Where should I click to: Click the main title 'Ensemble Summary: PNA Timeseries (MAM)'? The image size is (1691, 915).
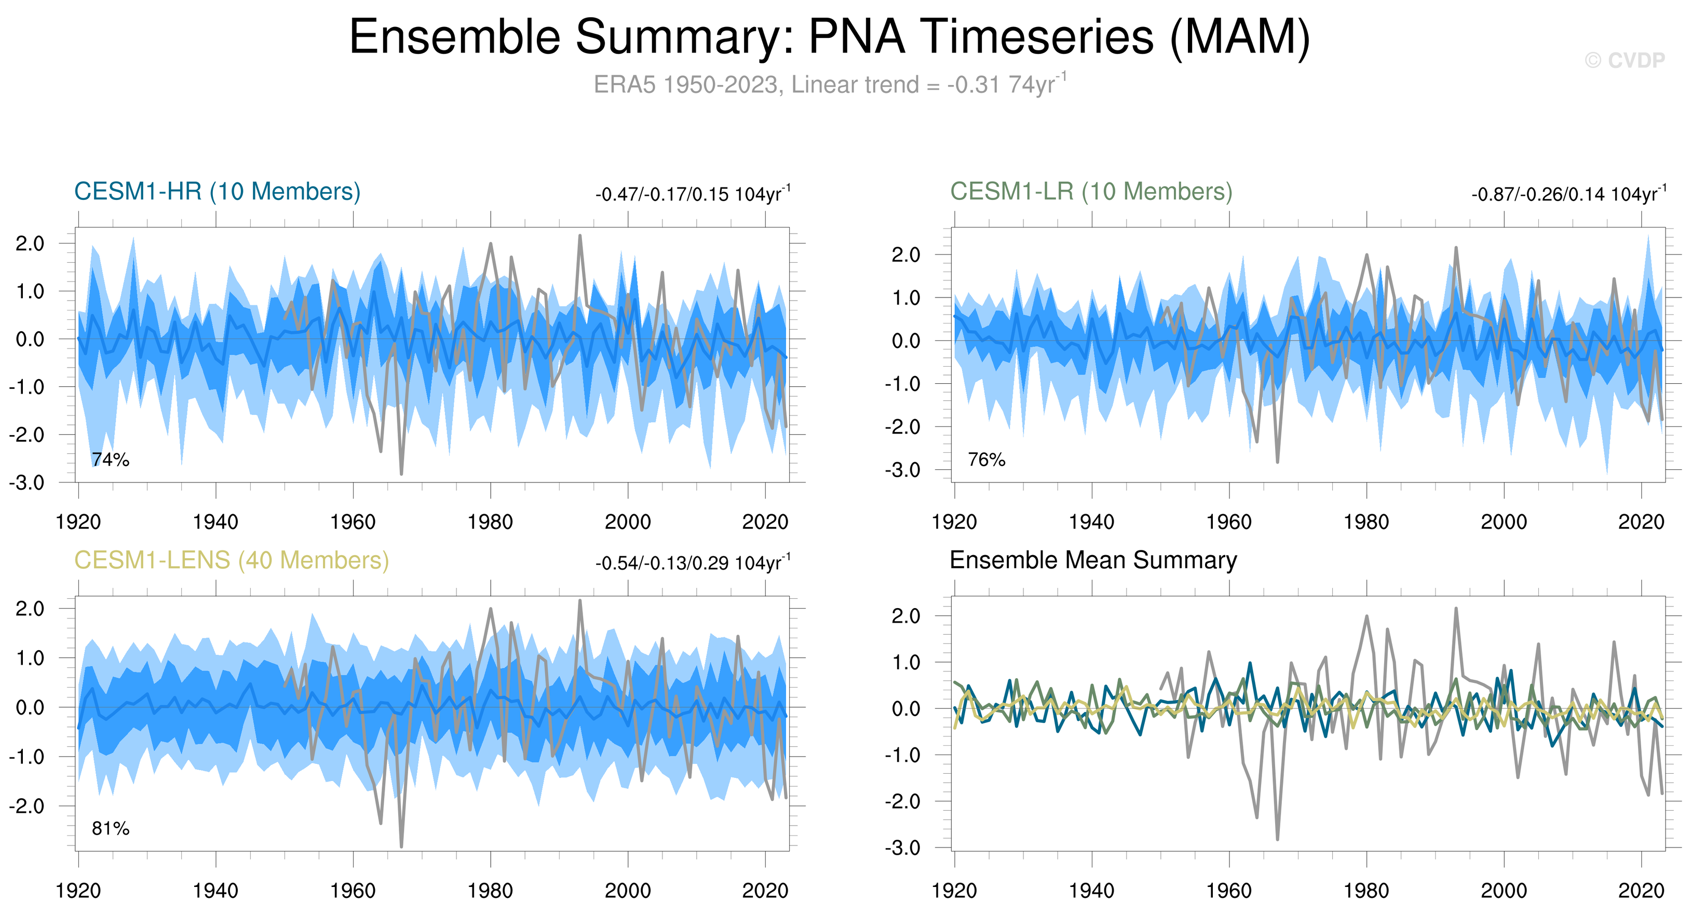pos(830,37)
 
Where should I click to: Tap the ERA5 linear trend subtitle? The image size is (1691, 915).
pos(830,85)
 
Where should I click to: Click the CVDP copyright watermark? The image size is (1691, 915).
pos(1625,60)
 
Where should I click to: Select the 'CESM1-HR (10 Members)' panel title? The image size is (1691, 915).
pos(218,192)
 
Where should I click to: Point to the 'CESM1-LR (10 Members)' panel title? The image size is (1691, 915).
pos(1091,192)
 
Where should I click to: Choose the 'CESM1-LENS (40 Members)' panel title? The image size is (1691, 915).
pos(231,560)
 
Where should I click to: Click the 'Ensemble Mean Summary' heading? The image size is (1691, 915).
pos(1093,560)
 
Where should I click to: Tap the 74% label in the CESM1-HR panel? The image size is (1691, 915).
pos(110,460)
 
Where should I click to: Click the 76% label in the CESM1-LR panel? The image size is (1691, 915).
pos(986,460)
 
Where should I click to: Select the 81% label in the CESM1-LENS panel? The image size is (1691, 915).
pos(110,828)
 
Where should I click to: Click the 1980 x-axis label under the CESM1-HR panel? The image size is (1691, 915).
pos(490,522)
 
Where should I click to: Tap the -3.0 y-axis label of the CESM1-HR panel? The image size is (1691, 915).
pos(27,483)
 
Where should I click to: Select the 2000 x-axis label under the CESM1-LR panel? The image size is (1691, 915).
pos(1504,522)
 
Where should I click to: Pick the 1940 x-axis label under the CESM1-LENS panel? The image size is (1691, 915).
pos(215,891)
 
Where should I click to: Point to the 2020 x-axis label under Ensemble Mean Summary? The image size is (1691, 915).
pos(1641,891)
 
